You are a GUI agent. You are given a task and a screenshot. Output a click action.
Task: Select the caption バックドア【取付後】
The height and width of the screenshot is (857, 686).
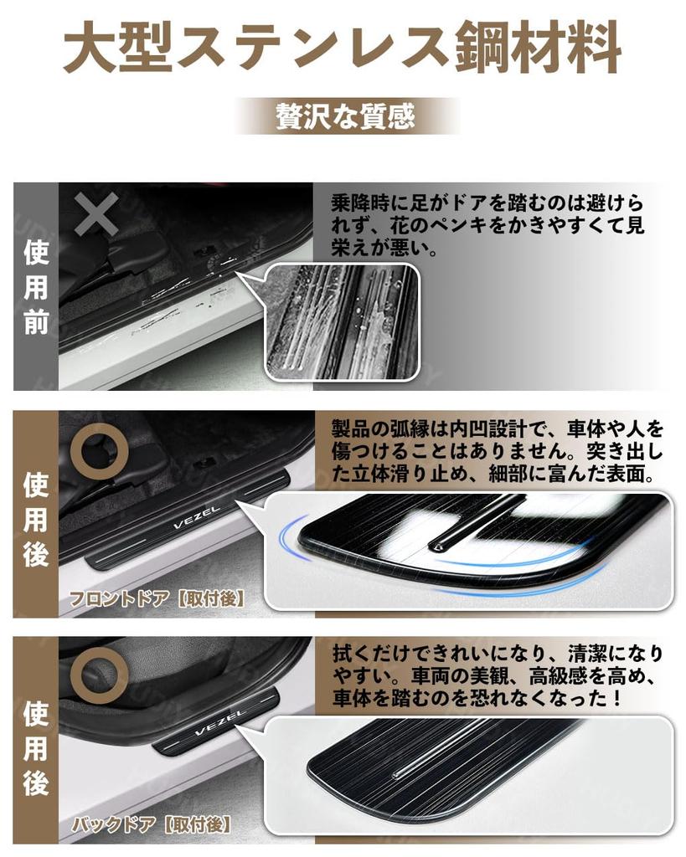(x=149, y=824)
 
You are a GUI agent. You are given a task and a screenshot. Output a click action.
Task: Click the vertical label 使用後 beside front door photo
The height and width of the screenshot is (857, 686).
(x=35, y=519)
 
